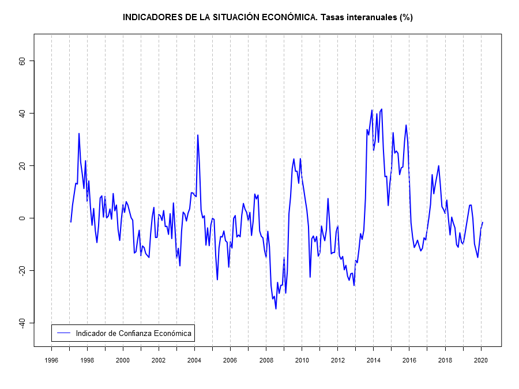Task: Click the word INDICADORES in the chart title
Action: click(x=152, y=17)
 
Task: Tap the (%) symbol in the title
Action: click(x=406, y=17)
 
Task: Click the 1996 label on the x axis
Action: click(x=51, y=360)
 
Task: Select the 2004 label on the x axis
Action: click(x=194, y=360)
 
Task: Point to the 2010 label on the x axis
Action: click(x=302, y=360)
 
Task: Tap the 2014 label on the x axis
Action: click(x=374, y=360)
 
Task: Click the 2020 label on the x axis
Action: click(x=482, y=360)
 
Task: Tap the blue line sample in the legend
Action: click(x=63, y=333)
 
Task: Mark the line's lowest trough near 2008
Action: click(x=276, y=309)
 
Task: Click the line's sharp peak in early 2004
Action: click(x=198, y=135)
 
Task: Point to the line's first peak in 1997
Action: click(x=79, y=134)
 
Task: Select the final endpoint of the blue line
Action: click(x=483, y=222)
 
